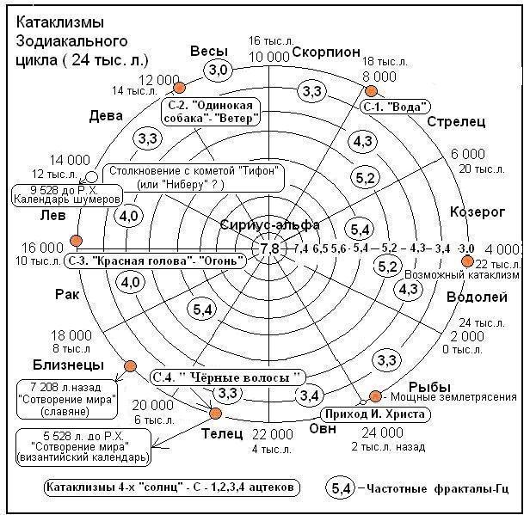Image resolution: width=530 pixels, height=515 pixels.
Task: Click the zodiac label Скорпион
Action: coord(326,52)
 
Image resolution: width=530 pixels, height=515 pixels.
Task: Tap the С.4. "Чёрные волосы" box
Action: coord(227,377)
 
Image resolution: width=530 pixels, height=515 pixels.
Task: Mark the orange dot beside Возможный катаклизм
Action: coord(467,261)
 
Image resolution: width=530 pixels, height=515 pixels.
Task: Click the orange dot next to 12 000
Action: coord(179,87)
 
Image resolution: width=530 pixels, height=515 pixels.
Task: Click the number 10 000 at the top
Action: coord(268,57)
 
